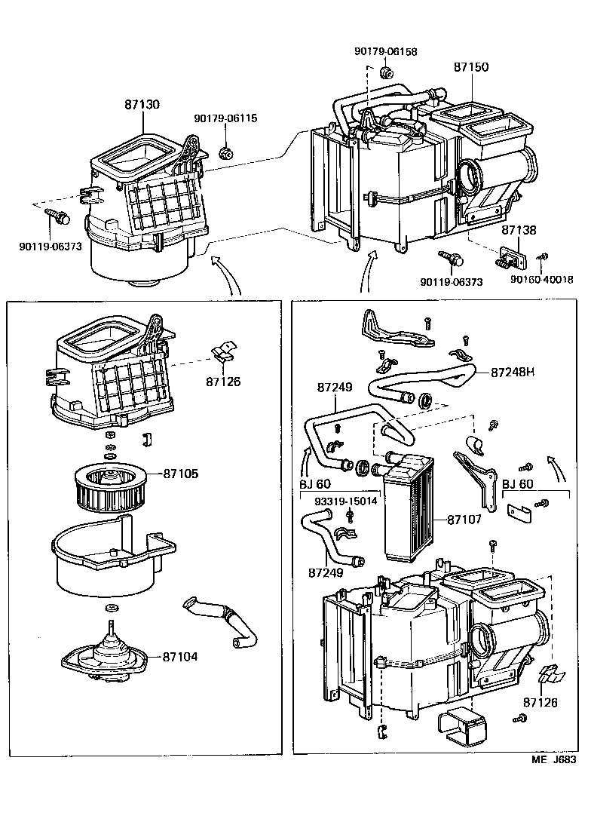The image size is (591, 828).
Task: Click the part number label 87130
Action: tap(142, 105)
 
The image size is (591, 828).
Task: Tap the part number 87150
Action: tap(470, 67)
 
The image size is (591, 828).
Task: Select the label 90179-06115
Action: tap(225, 118)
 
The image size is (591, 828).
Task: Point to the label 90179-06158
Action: tap(385, 52)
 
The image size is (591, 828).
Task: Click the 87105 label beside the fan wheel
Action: tap(180, 474)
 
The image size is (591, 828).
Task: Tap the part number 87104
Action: tap(180, 657)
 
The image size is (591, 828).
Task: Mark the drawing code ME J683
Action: tap(554, 760)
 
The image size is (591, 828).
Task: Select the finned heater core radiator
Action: tap(410, 514)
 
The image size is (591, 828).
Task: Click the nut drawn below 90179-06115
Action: tap(225, 153)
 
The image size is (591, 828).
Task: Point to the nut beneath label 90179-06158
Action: tap(385, 73)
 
